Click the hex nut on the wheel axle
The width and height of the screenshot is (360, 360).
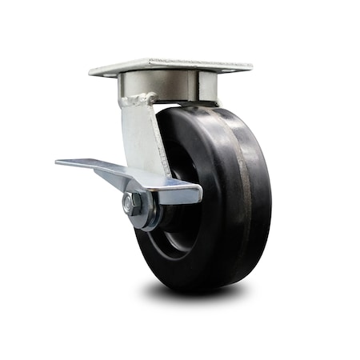pos(132,203)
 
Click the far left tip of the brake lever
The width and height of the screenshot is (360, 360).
pos(58,162)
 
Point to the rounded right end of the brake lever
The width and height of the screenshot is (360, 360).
pos(196,192)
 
